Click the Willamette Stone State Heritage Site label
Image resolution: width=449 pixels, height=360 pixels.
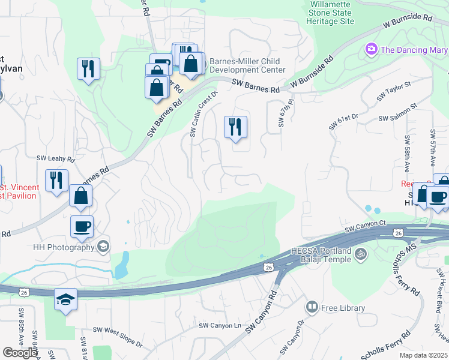[x=332, y=13]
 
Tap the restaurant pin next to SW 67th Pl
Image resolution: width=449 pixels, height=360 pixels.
[x=236, y=127]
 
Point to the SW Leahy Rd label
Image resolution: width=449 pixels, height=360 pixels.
[x=55, y=159]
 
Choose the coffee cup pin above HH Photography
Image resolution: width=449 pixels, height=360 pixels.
[x=82, y=227]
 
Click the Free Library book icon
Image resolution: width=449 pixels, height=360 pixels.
[x=312, y=308]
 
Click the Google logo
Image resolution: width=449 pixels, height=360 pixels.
[x=20, y=353]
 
